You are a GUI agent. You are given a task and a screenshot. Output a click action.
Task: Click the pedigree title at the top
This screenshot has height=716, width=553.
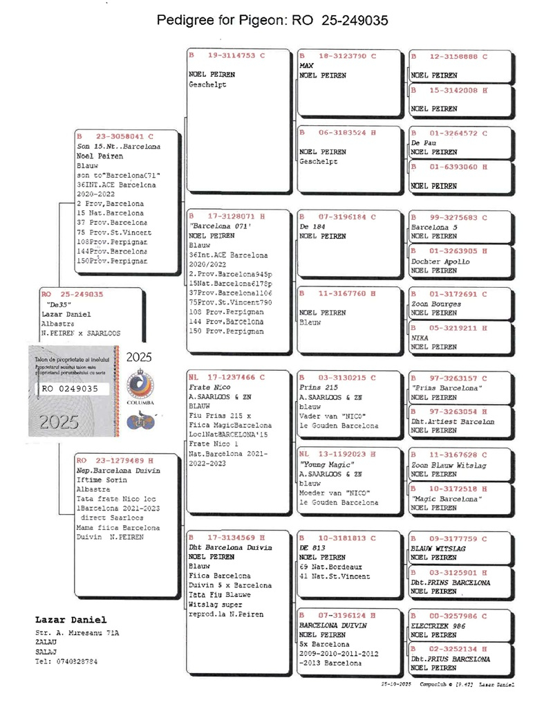point(272,20)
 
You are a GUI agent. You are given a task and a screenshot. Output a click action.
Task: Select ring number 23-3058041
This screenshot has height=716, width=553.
point(125,137)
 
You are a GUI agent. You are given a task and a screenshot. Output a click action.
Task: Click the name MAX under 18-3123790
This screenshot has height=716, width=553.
point(307,65)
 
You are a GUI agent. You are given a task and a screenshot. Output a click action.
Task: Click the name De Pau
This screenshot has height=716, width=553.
point(424,142)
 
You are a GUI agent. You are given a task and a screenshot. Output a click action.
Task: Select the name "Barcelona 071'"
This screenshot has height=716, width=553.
point(218,226)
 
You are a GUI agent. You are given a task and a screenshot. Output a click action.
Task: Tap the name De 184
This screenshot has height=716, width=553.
point(312,226)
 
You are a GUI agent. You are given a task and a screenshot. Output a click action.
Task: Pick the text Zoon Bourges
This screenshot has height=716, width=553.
point(436,303)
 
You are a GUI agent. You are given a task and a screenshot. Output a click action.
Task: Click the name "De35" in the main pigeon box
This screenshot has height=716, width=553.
point(59,304)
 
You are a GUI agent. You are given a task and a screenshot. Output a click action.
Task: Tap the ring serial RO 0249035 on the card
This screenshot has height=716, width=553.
point(70,389)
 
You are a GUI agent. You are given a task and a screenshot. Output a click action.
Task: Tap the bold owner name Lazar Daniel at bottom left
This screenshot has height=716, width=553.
point(71,618)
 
